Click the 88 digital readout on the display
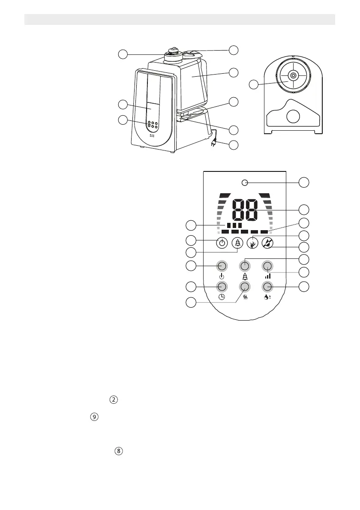tap(245, 210)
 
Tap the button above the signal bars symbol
tap(267, 266)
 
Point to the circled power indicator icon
tap(222, 243)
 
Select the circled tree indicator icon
tap(237, 243)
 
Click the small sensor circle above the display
tap(245, 183)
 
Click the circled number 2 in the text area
tap(114, 399)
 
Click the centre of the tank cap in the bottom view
tap(293, 75)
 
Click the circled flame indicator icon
tap(253, 243)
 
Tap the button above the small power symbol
tap(222, 266)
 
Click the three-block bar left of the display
tap(234, 225)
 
